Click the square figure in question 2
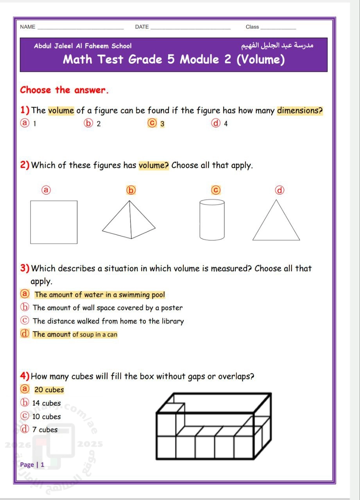[54, 222]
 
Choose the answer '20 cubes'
[49, 390]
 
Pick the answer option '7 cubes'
[45, 430]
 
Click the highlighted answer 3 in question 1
[162, 124]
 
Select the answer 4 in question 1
[226, 124]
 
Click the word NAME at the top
[27, 27]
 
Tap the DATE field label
[142, 27]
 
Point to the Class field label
[252, 27]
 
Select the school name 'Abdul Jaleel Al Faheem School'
[83, 46]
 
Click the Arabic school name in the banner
[278, 46]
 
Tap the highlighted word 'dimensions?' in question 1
[300, 111]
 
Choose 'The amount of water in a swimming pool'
[99, 295]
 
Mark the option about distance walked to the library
[108, 321]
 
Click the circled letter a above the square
[46, 190]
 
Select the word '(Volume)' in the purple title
[260, 60]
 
